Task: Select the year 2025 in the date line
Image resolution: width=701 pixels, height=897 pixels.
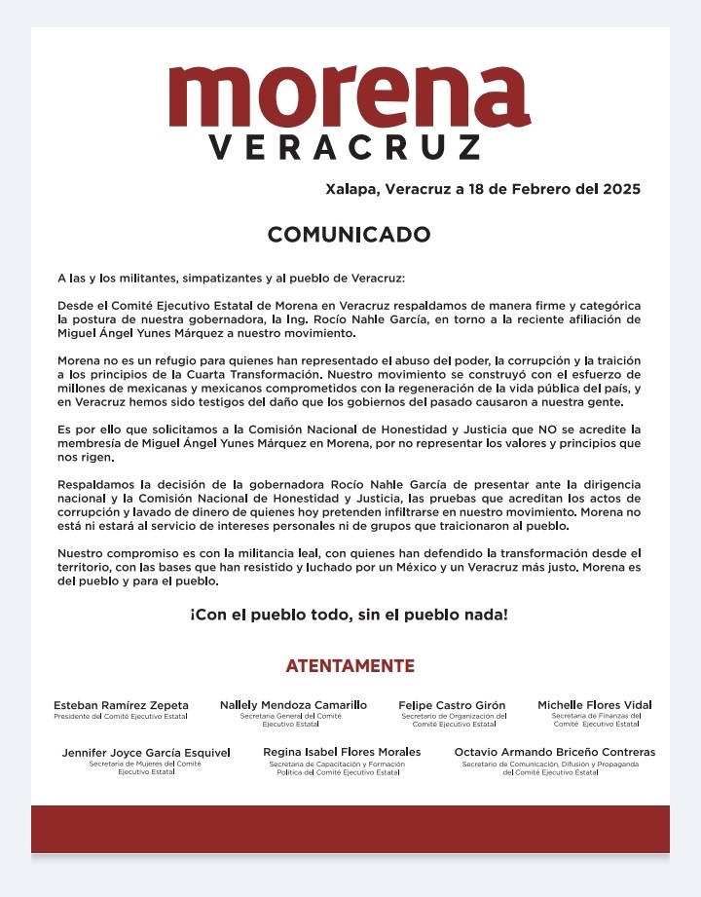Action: [x=617, y=189]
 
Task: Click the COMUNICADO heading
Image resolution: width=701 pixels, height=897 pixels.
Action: [x=349, y=235]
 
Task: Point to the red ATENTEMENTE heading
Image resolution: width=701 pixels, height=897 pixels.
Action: [x=350, y=666]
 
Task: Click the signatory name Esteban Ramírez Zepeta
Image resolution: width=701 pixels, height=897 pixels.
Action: [x=121, y=705]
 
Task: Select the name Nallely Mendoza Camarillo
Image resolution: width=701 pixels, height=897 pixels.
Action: [x=293, y=704]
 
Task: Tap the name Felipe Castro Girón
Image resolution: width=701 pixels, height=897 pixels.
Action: [x=453, y=705]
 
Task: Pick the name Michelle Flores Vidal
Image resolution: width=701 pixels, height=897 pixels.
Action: [x=595, y=705]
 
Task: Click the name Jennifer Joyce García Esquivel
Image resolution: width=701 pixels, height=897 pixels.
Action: [x=146, y=753]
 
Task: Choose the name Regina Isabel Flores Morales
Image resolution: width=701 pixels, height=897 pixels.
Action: [x=342, y=752]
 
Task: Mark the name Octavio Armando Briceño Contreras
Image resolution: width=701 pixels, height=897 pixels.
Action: [x=554, y=752]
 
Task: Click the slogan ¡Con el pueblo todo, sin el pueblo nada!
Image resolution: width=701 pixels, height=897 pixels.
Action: [x=349, y=616]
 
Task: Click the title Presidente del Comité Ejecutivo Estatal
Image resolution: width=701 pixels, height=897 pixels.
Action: [x=121, y=717]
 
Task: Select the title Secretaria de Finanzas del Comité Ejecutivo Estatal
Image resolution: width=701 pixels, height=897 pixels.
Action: [x=596, y=720]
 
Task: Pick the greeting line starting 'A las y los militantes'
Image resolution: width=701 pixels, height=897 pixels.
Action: [x=223, y=279]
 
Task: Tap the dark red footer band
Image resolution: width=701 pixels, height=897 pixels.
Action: [x=350, y=829]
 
